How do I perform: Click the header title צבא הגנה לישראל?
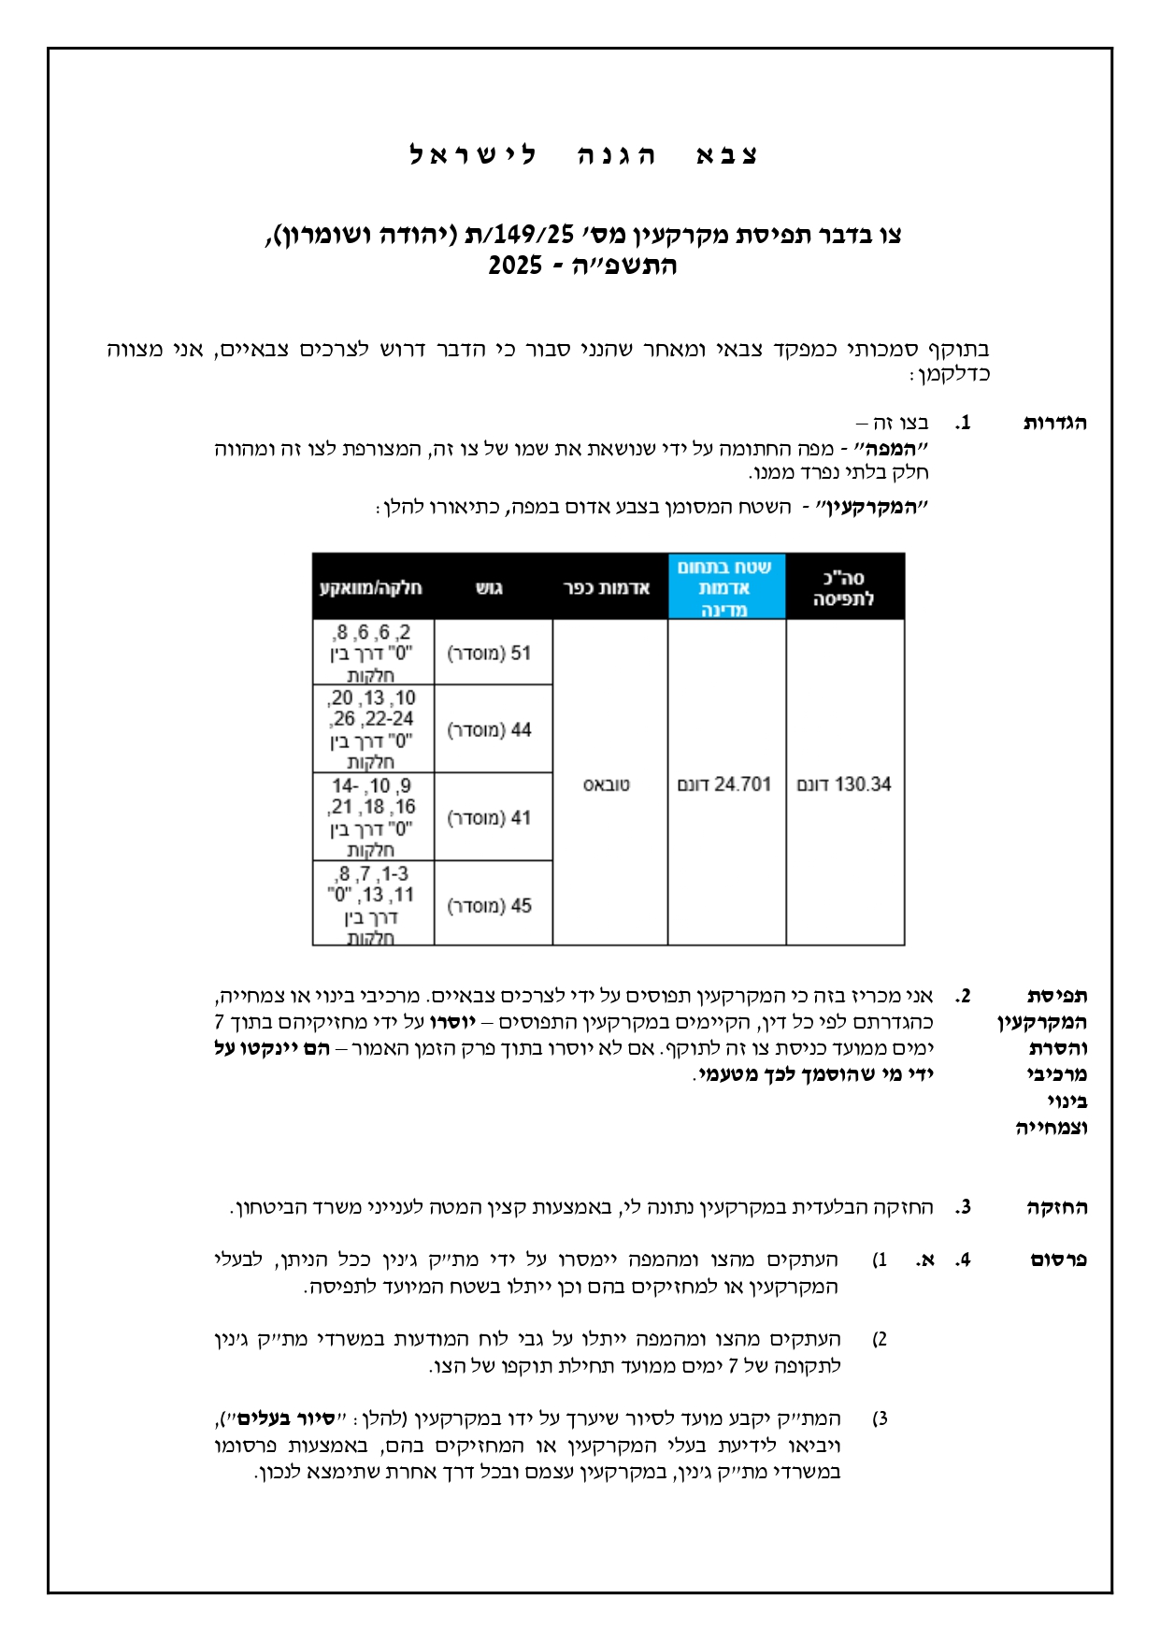(583, 154)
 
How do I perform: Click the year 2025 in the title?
(515, 266)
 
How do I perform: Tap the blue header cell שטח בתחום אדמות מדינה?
(725, 588)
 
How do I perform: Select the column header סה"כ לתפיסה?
(844, 588)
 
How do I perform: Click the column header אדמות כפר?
(608, 588)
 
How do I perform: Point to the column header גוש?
(490, 588)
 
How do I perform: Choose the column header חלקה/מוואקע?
(371, 588)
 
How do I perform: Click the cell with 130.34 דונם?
(844, 784)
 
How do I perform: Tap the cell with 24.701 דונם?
(725, 784)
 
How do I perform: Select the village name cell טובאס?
(608, 785)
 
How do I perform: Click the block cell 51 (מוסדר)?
(490, 653)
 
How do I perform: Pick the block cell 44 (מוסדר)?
(490, 729)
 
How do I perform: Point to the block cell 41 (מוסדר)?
(490, 817)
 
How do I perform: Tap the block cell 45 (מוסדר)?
(490, 905)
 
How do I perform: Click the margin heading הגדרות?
(1054, 423)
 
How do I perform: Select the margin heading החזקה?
(1056, 1207)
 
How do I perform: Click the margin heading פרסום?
(1058, 1260)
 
